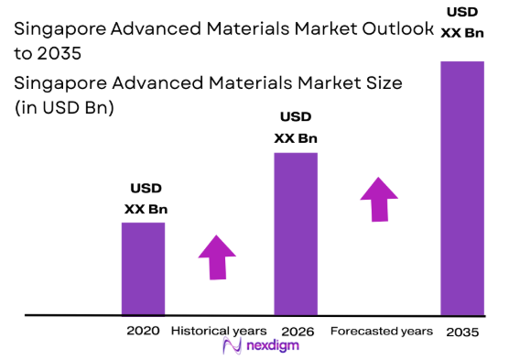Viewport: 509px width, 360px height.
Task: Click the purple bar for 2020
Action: [x=143, y=268]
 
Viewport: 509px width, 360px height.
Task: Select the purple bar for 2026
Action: [x=296, y=234]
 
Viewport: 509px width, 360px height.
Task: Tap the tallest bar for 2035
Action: [x=461, y=188]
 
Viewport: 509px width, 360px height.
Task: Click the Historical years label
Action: [x=219, y=330]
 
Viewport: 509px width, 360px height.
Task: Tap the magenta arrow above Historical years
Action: [x=217, y=256]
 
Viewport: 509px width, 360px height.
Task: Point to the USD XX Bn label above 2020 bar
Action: [x=146, y=199]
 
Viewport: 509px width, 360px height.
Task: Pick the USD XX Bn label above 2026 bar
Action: [x=296, y=127]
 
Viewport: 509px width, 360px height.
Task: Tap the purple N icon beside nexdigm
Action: [x=232, y=346]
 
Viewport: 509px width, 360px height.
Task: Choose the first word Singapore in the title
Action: [x=57, y=30]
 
